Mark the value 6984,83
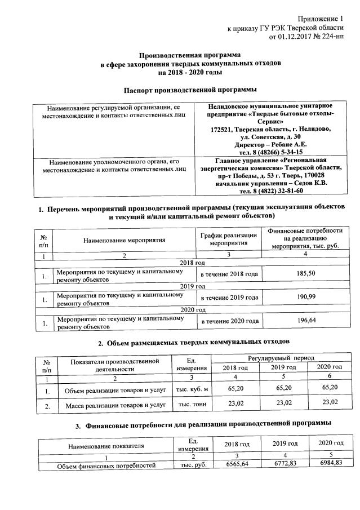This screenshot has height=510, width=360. coord(331,463)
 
